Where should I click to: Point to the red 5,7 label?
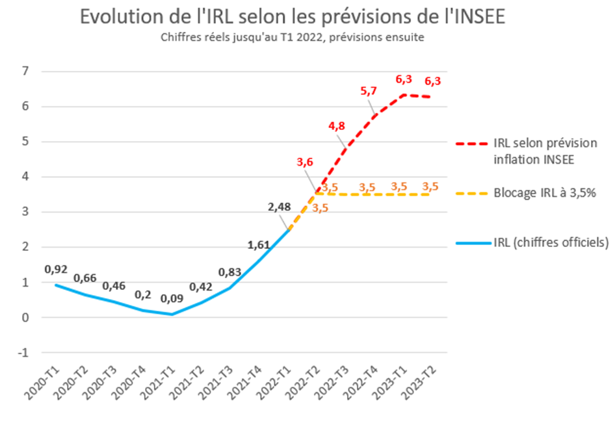[x=369, y=91]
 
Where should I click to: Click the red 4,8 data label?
[x=337, y=125]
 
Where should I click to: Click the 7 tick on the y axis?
[x=26, y=71]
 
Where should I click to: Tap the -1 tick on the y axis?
[x=25, y=353]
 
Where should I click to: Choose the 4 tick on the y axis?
[x=26, y=177]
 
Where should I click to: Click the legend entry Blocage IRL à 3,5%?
[x=544, y=193]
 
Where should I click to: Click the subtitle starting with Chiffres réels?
[x=292, y=38]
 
